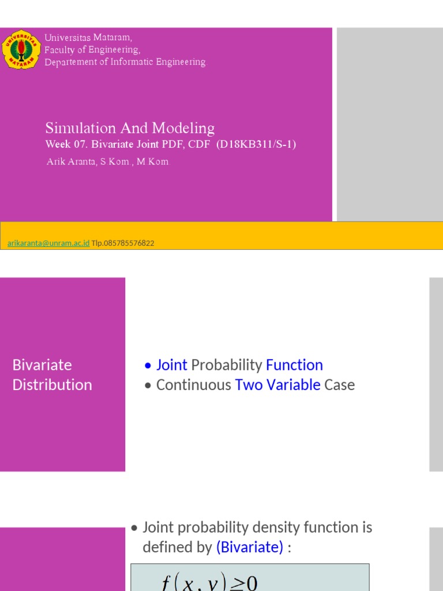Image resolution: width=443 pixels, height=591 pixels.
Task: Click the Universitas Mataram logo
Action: [21, 49]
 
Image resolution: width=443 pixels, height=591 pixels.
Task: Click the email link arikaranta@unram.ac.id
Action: [48, 244]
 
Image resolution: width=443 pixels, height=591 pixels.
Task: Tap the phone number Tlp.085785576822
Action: [123, 244]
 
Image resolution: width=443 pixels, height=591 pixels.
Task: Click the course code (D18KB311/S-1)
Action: [256, 144]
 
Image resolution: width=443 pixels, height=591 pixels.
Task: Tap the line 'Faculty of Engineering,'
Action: [92, 50]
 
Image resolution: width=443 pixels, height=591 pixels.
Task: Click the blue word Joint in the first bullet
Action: [171, 365]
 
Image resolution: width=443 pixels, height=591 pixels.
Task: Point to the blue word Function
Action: [294, 365]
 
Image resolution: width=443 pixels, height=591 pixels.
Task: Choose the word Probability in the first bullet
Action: [227, 365]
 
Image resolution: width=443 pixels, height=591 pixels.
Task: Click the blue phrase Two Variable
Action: [277, 385]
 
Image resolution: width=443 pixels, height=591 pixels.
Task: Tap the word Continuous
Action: [194, 385]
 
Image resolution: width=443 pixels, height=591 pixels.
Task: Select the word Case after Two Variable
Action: [339, 385]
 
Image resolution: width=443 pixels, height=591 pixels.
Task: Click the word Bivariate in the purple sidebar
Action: [42, 365]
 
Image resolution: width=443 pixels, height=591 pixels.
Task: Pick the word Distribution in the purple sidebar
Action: [52, 385]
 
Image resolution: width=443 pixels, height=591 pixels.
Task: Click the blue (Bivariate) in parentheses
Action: [250, 547]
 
